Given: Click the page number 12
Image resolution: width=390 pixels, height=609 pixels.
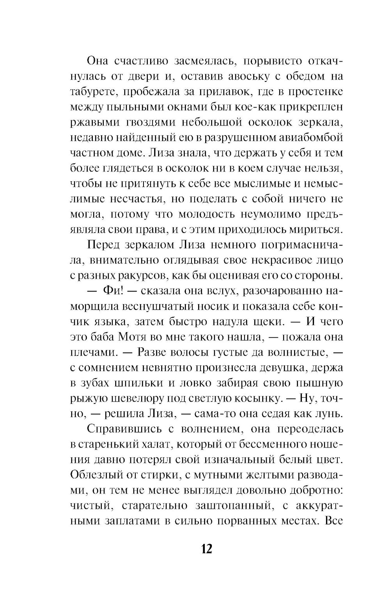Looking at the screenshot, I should click(206, 549).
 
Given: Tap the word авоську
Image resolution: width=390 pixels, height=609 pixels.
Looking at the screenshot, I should click(234, 76).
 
